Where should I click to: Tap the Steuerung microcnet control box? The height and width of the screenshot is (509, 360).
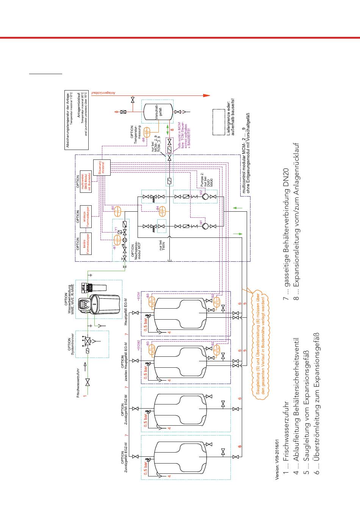coord(102,167)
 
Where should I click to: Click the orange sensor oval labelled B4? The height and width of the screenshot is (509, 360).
coord(162,210)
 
